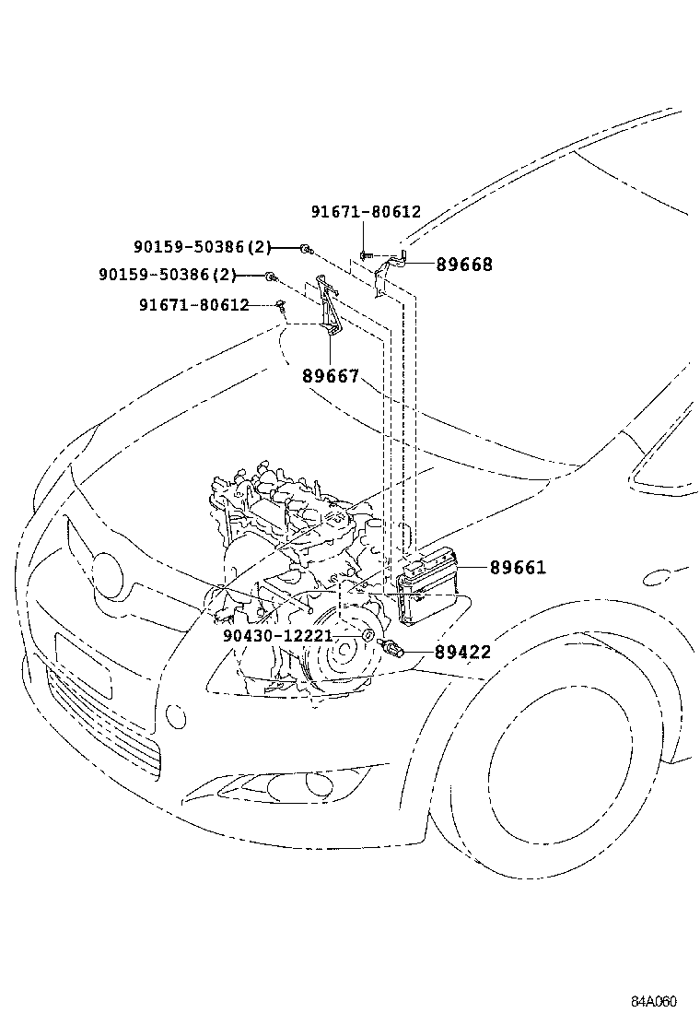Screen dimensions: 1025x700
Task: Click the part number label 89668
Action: tap(464, 265)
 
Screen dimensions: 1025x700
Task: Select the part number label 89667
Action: tap(330, 376)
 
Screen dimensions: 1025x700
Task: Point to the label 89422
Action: tap(462, 652)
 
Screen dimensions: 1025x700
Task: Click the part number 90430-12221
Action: tap(277, 636)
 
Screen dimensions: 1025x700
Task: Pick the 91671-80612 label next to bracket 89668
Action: tap(366, 211)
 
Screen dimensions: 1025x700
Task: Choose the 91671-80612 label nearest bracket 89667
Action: tap(194, 304)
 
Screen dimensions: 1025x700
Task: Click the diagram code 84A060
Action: tap(654, 1002)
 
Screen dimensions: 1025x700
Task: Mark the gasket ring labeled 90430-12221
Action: tap(366, 636)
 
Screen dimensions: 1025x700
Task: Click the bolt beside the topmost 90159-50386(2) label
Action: tap(307, 248)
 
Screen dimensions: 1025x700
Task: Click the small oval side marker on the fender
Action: tap(659, 577)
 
